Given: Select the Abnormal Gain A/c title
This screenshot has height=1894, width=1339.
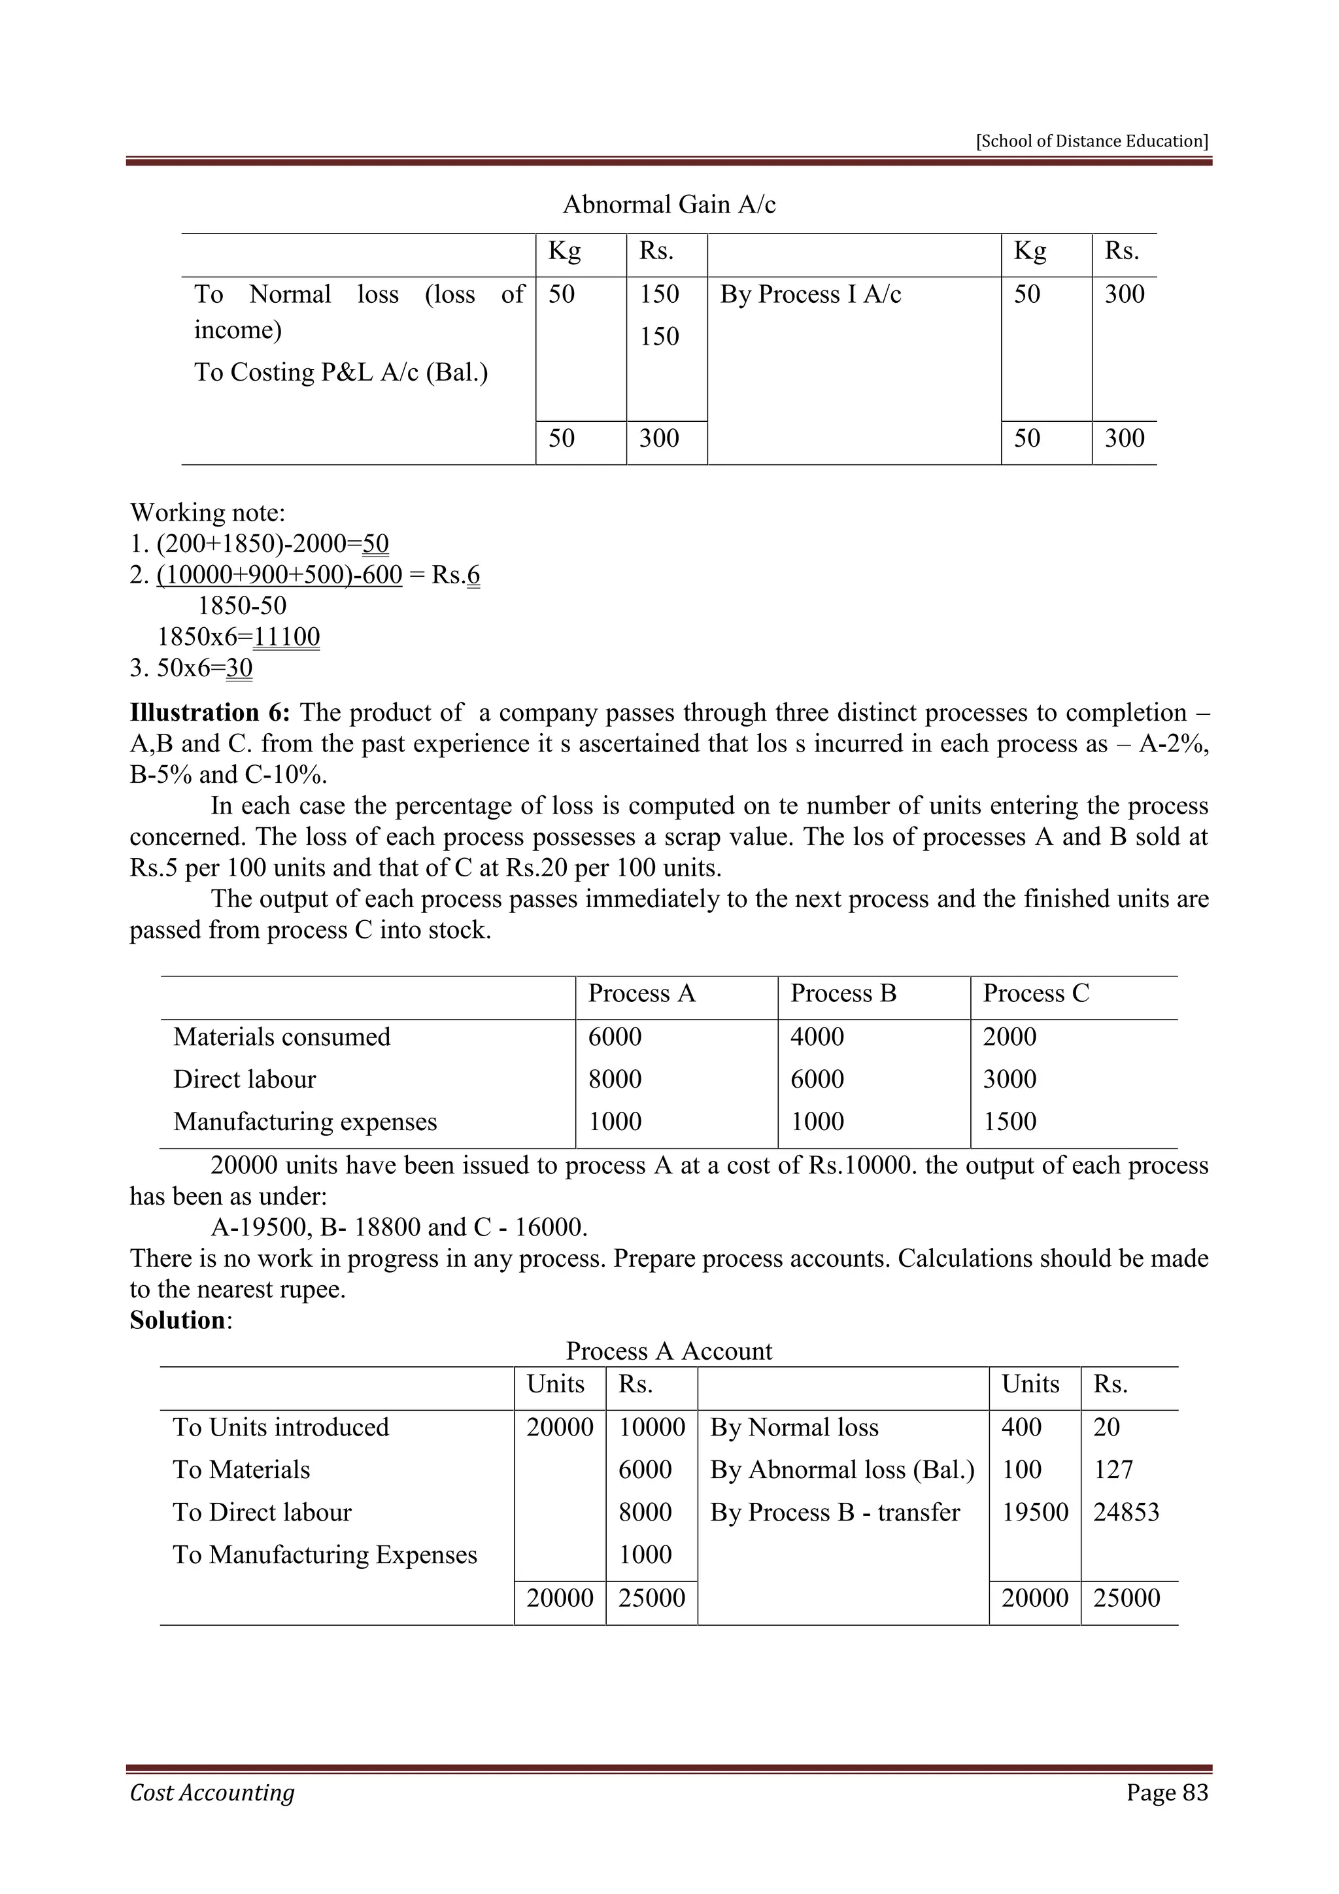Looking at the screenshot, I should (669, 205).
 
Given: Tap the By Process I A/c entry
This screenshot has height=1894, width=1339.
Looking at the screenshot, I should (811, 294).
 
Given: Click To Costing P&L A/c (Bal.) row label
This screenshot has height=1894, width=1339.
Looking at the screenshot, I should (341, 373).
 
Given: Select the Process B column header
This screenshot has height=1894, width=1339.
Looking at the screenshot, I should (843, 993).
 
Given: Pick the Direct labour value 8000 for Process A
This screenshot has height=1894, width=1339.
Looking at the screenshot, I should (615, 1079).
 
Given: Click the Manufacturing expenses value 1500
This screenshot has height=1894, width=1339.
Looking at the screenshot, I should (1009, 1122).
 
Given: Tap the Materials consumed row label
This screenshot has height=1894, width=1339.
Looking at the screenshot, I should (281, 1037).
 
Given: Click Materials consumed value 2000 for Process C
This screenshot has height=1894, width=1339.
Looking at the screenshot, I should (1009, 1037).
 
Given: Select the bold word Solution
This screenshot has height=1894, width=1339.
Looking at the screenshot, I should (177, 1320).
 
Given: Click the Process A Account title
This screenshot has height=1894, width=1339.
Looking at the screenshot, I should (669, 1351).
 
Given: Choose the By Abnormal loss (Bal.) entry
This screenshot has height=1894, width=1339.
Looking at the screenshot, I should (842, 1470).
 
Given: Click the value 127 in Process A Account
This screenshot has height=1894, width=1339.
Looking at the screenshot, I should (1112, 1470).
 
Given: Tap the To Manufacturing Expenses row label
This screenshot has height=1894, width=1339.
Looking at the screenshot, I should (325, 1555).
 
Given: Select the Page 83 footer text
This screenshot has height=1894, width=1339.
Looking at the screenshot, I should (1166, 1793).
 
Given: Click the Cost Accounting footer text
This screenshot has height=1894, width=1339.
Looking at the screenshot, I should (212, 1793).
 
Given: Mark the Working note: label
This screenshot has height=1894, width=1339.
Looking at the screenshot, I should (208, 513).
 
